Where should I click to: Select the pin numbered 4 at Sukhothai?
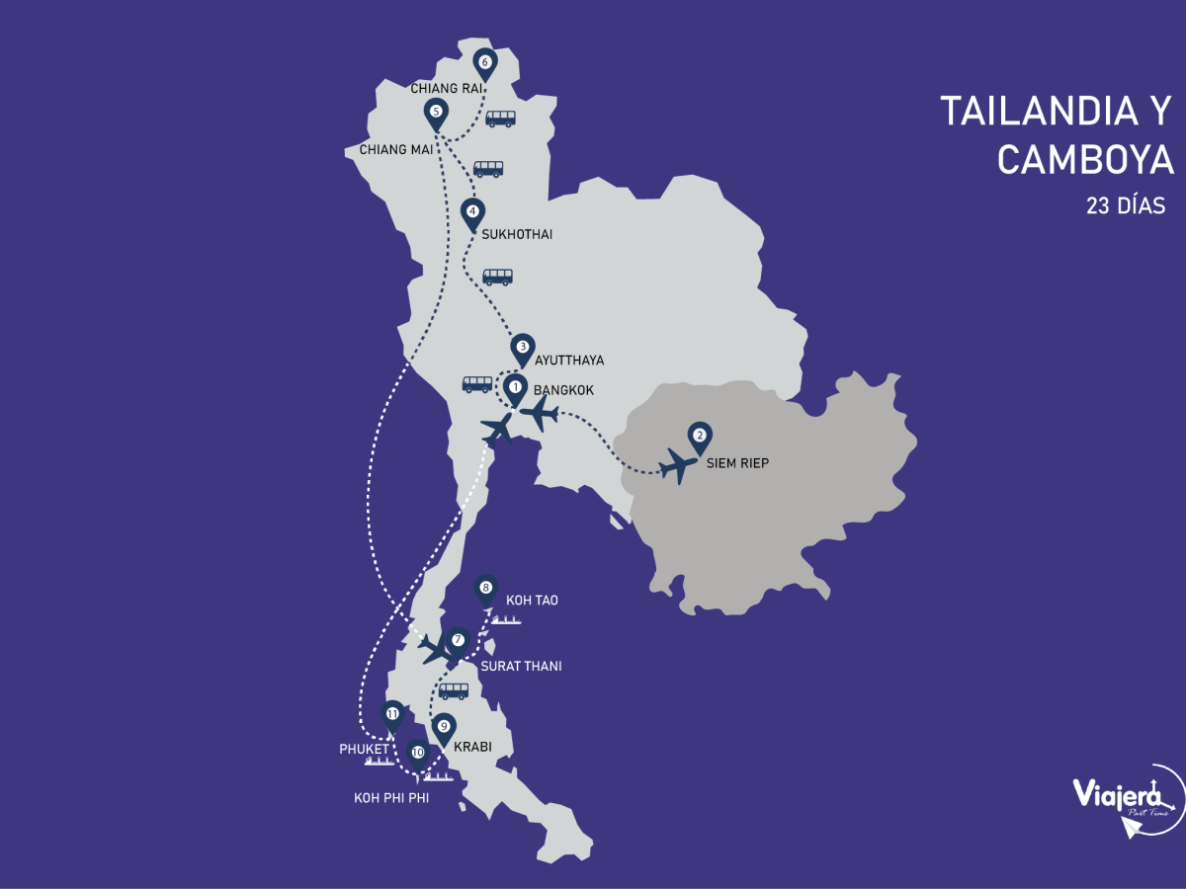pos(472,212)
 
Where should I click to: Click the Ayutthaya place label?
pos(568,361)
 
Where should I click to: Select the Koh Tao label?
pos(532,600)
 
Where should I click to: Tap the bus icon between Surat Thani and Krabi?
pos(454,690)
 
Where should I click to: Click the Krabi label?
pos(472,747)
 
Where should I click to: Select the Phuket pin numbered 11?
pos(392,715)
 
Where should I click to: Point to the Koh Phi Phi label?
pos(391,797)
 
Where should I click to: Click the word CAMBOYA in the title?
pos(1085,159)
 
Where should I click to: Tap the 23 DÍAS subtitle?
pos(1126,206)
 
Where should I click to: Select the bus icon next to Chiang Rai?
pos(500,119)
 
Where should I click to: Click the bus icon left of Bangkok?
pos(477,384)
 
